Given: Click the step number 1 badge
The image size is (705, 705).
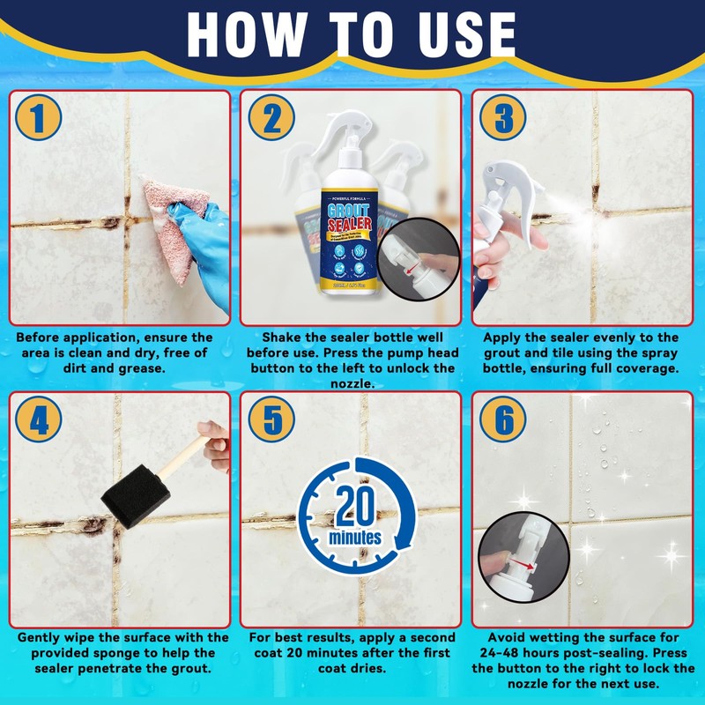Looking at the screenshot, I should (37, 120).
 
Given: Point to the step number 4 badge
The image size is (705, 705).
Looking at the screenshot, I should (37, 421).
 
